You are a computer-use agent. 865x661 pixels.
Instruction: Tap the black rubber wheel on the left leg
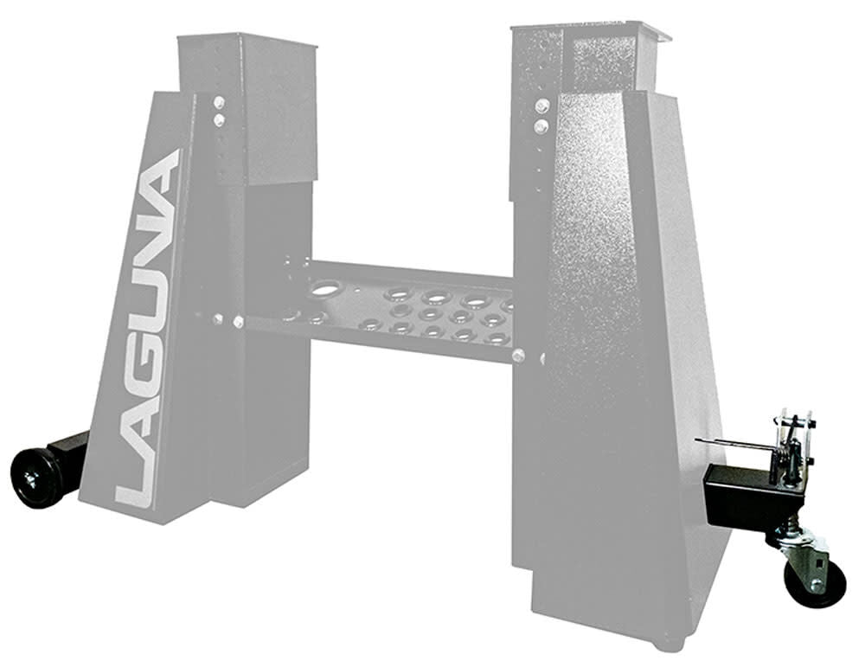pyautogui.click(x=36, y=478)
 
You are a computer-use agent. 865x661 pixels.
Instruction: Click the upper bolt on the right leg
pyautogui.click(x=541, y=106)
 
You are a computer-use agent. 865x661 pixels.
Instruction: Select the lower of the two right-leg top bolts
pyautogui.click(x=541, y=127)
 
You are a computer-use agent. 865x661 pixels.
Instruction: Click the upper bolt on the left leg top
pyautogui.click(x=220, y=102)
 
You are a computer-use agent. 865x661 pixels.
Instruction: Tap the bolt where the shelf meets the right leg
pyautogui.click(x=517, y=355)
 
